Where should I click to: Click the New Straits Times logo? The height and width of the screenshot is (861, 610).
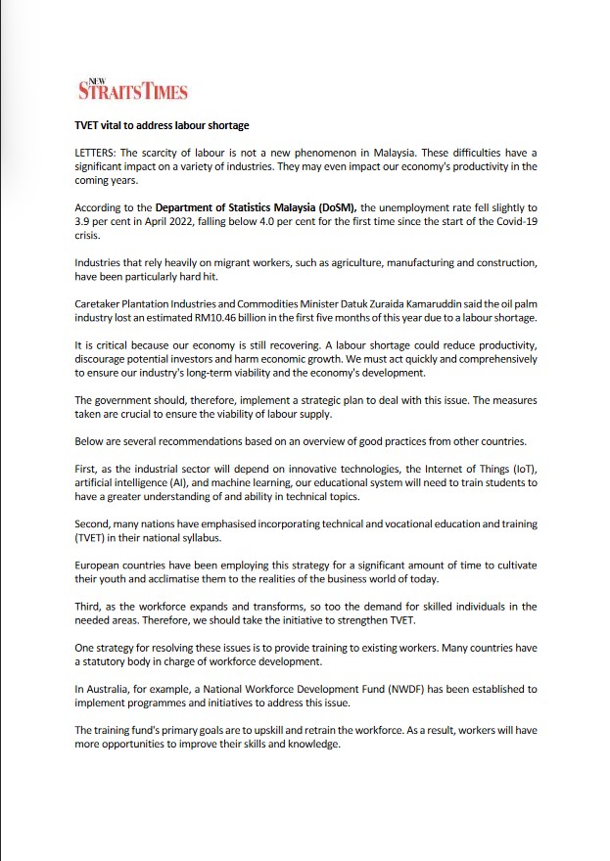(x=132, y=91)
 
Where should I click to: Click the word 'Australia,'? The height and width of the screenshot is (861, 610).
(x=116, y=689)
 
